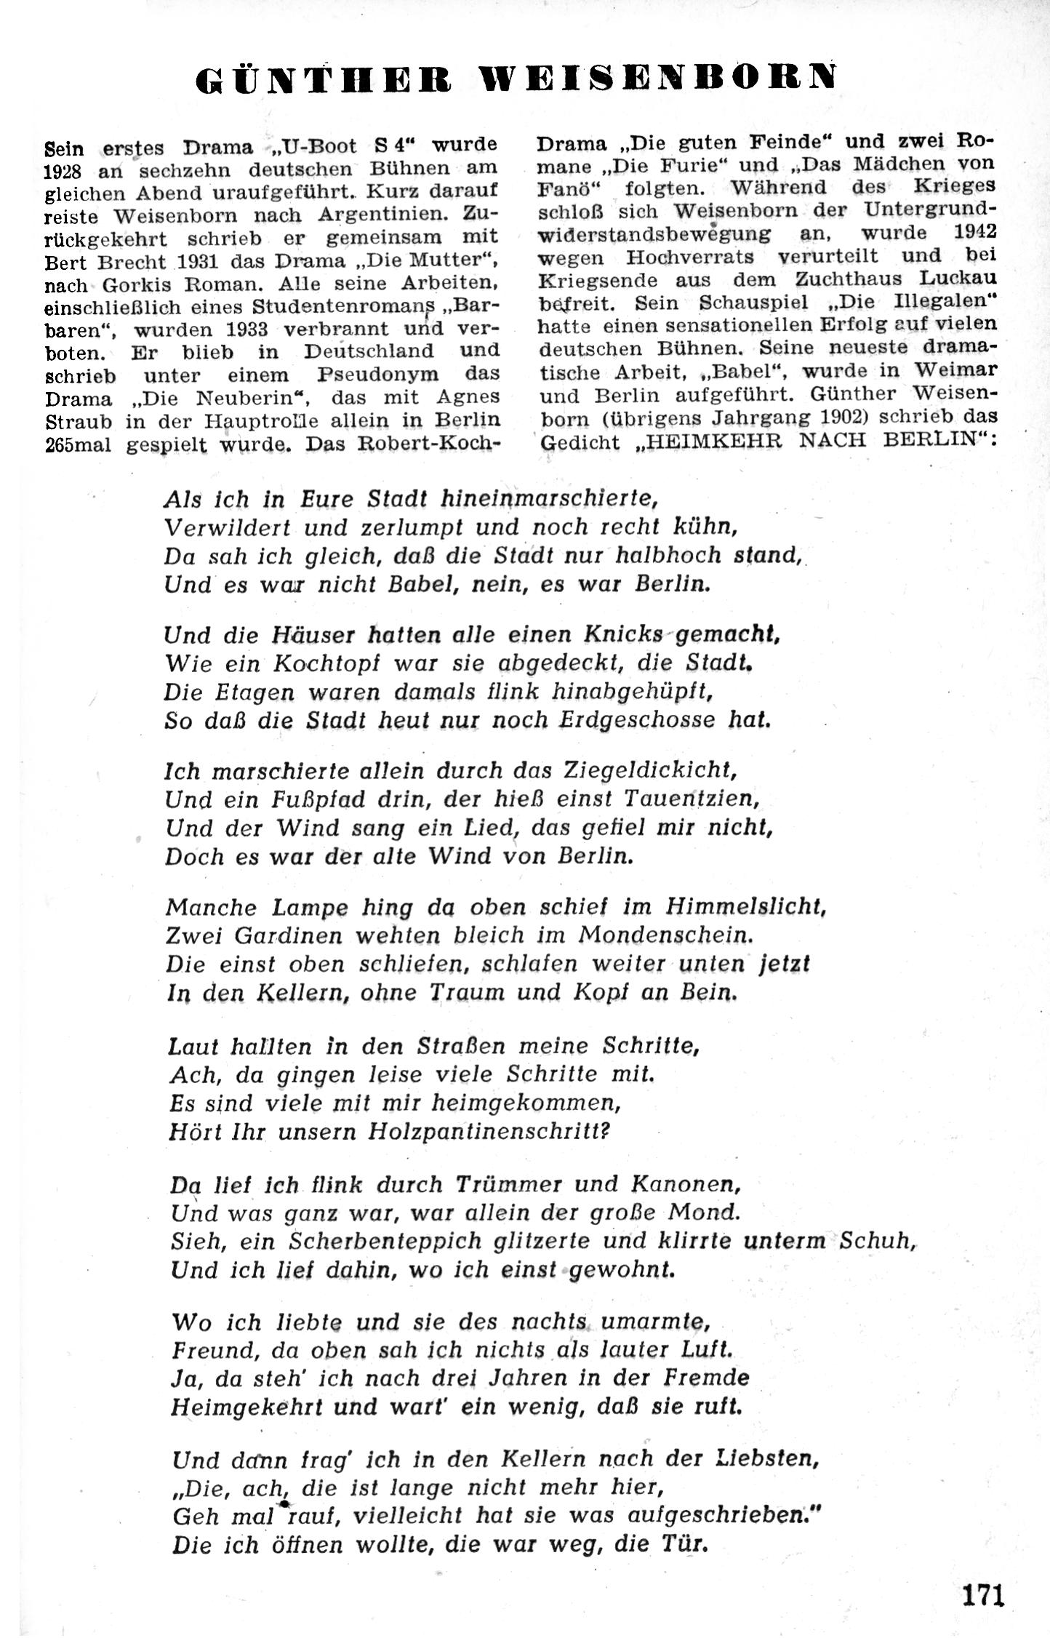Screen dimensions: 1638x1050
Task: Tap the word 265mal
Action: click(78, 444)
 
